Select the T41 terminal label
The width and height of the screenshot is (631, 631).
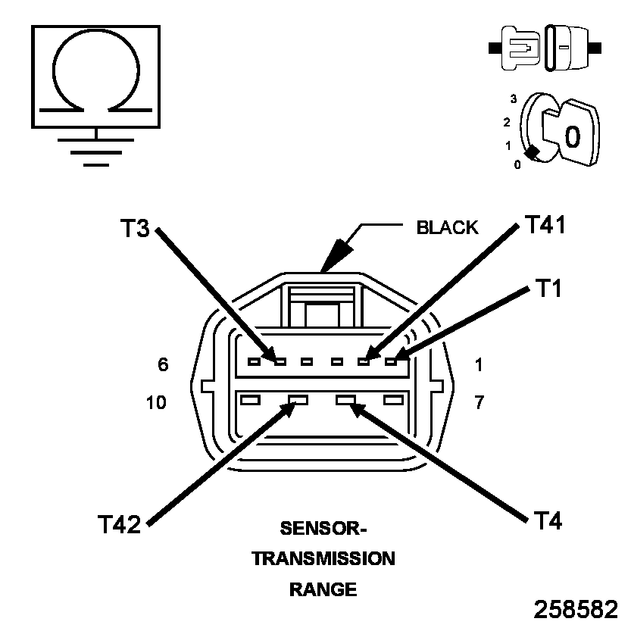[545, 225]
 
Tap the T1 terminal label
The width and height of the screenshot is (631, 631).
[548, 288]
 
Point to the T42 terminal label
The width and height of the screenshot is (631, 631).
[119, 524]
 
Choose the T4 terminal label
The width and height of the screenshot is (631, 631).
[548, 520]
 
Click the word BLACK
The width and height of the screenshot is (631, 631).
[447, 227]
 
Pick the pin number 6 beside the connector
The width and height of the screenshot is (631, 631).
[163, 364]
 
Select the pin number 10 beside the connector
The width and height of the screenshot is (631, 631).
[157, 402]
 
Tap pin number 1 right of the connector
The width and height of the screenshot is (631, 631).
[479, 364]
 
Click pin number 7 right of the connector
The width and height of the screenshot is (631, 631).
[479, 402]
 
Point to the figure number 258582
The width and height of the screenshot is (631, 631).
[576, 610]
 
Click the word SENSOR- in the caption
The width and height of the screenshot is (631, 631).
[323, 528]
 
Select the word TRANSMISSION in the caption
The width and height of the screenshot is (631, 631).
[323, 559]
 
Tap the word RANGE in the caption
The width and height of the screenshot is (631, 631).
[323, 589]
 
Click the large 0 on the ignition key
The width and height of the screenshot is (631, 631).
[573, 136]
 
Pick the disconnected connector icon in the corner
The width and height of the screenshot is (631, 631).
[545, 47]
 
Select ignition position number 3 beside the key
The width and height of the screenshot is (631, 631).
[514, 98]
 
